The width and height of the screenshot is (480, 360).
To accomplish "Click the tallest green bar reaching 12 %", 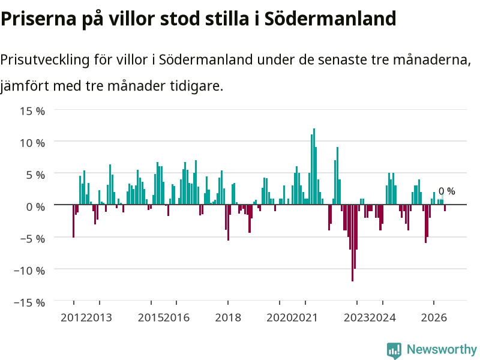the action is [x=314, y=166].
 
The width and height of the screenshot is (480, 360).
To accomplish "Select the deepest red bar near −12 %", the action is [x=352, y=243].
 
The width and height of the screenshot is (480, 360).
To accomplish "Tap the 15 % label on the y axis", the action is [x=32, y=111].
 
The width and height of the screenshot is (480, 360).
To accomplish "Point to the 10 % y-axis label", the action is [x=32, y=143].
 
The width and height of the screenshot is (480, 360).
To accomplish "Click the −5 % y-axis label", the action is [x=32, y=238].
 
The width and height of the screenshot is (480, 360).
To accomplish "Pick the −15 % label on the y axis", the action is [x=29, y=302].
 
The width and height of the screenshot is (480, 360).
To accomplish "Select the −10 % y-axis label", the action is [x=29, y=271].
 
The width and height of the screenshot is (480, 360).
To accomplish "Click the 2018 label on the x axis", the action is [x=228, y=317].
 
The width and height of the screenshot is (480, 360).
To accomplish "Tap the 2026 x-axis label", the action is [x=434, y=317].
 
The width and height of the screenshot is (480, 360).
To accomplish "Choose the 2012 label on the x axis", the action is [x=73, y=317].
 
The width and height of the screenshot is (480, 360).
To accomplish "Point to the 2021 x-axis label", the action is [x=305, y=317].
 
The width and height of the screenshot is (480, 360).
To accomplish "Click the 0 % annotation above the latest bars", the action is [x=446, y=191].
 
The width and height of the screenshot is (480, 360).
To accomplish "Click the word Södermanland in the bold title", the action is [x=331, y=19].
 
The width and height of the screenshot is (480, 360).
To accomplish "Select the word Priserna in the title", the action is [x=38, y=19].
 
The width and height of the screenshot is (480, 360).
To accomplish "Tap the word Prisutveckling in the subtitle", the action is [x=44, y=60].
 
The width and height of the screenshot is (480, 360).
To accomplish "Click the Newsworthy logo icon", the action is [x=394, y=350].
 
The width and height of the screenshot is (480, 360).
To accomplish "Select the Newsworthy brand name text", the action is [x=442, y=349].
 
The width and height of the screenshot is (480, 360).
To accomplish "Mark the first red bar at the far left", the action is [x=73, y=221].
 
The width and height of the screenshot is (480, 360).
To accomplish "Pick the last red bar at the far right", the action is [x=445, y=208].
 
